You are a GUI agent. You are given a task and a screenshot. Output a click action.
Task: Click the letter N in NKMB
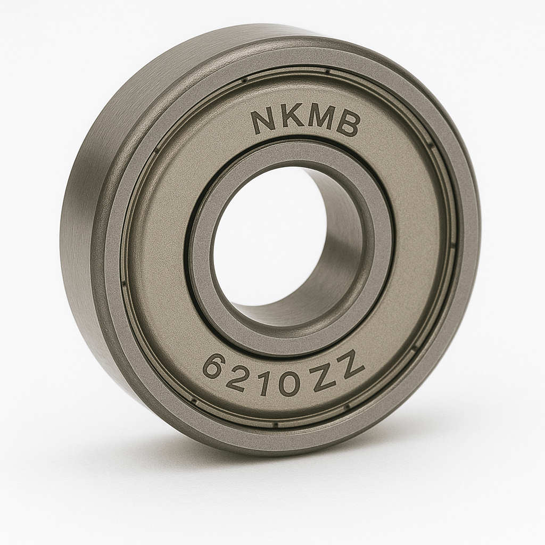[x=264, y=122]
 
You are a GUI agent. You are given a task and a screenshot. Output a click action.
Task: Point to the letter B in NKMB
[x=349, y=124]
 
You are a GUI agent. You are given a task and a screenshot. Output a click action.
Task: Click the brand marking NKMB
[x=305, y=120]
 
